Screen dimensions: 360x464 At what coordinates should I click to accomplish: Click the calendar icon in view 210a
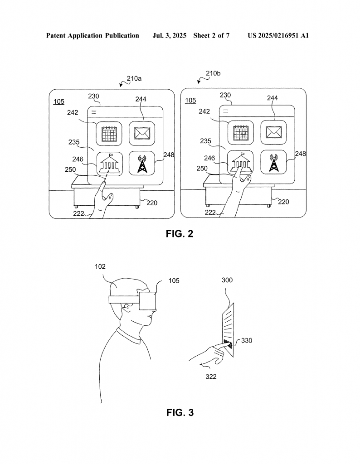click(109, 134)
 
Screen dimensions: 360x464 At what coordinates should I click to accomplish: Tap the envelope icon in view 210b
click(273, 132)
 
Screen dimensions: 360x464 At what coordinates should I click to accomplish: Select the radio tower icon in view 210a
click(142, 164)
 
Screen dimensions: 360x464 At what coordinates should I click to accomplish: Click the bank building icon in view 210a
click(110, 163)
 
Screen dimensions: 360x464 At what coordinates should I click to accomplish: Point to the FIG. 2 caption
click(180, 234)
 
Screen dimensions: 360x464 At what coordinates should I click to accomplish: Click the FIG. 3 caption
click(180, 412)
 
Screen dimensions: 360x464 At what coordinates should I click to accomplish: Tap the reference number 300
click(227, 280)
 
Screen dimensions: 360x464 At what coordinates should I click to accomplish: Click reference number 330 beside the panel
click(247, 341)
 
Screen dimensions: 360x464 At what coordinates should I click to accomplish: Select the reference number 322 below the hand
click(211, 377)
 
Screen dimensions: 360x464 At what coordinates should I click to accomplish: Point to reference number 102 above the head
click(100, 266)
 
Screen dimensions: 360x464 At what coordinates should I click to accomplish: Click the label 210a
click(134, 78)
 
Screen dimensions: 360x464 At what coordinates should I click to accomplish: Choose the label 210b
click(213, 73)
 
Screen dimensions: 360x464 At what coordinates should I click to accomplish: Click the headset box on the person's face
click(147, 301)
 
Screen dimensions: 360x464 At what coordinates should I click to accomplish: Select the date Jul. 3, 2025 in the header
click(169, 36)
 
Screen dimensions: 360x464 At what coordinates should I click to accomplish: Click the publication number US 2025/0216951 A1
click(278, 36)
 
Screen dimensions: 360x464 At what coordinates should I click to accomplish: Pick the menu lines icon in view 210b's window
click(226, 111)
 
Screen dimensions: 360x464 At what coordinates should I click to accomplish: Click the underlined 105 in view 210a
click(58, 102)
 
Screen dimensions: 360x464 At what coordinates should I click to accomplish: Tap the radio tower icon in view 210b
click(273, 163)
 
